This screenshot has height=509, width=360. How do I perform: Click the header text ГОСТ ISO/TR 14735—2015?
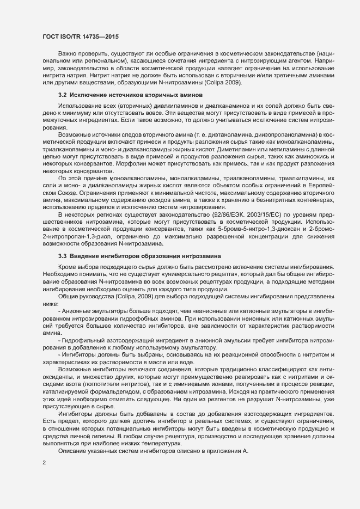[80, 36]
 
